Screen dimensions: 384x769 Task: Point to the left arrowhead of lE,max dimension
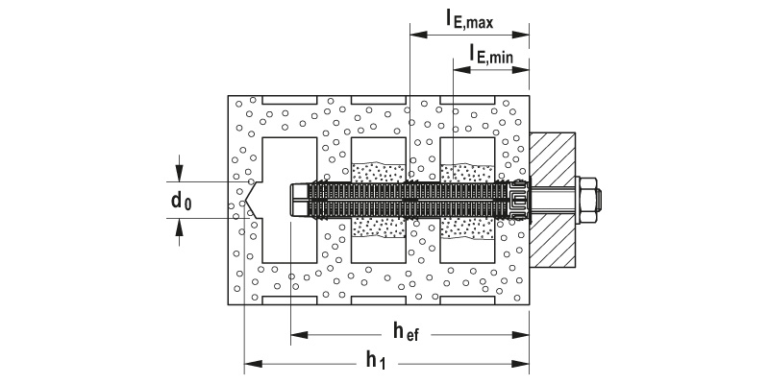pyautogui.click(x=416, y=34)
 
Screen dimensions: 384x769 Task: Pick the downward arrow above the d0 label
pyautogui.click(x=178, y=174)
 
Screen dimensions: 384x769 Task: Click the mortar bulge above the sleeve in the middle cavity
pyautogui.click(x=380, y=172)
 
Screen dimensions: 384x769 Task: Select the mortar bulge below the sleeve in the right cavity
pyautogui.click(x=468, y=227)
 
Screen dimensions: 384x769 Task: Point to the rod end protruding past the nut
pyautogui.click(x=602, y=200)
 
